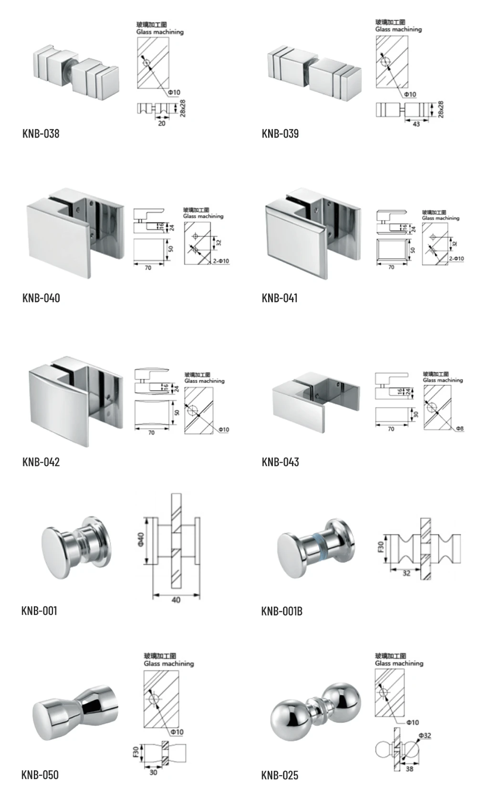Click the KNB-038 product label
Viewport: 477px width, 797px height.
(x=41, y=134)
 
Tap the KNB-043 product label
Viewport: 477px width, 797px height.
(x=280, y=462)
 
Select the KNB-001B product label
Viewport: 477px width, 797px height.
(x=281, y=611)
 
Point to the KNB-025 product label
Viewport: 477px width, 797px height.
(x=280, y=776)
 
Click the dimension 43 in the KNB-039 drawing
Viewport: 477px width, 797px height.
(x=416, y=124)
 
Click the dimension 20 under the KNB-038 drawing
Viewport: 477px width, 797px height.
(x=162, y=123)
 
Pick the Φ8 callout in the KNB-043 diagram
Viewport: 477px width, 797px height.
(x=459, y=429)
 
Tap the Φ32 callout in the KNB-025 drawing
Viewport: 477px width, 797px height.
(x=425, y=735)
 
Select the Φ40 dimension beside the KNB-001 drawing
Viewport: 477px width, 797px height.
(x=142, y=540)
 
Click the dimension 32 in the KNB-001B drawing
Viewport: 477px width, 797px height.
(x=406, y=574)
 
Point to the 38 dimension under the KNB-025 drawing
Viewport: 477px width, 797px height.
(x=409, y=769)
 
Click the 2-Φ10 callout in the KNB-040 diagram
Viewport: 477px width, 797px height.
(x=221, y=261)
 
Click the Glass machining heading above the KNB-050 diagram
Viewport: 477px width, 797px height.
(x=169, y=664)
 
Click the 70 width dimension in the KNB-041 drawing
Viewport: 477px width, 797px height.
(x=391, y=267)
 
